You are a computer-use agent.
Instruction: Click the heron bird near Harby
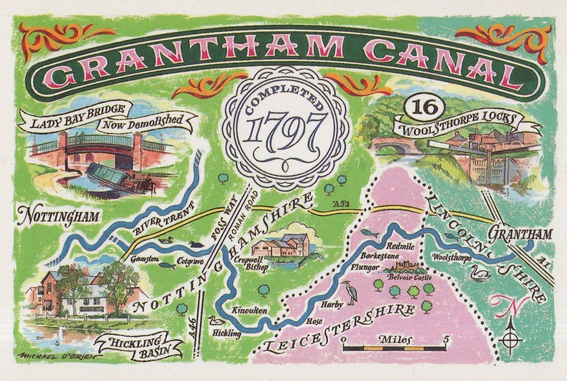[351, 292]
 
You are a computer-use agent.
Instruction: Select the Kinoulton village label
[250, 311]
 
